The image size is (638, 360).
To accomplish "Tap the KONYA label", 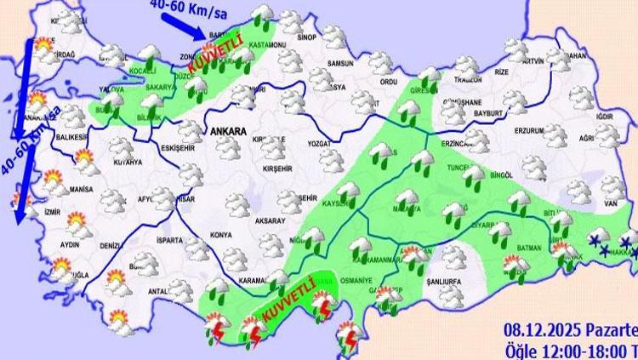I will tap(221, 234).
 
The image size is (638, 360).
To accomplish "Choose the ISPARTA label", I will tap(169, 241).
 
